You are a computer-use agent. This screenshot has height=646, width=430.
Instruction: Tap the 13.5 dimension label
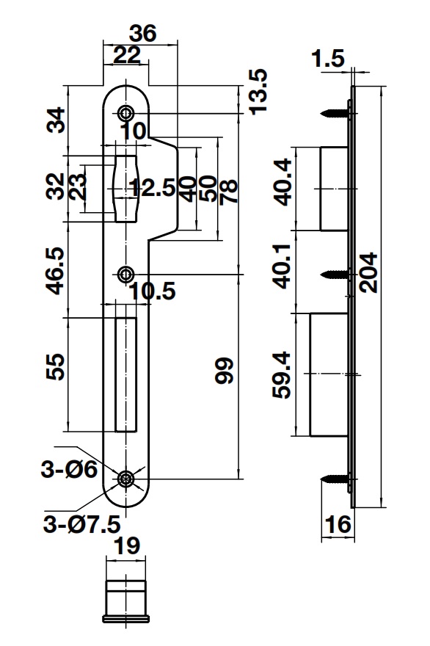click(x=258, y=91)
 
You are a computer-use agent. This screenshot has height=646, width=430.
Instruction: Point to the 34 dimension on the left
click(x=56, y=120)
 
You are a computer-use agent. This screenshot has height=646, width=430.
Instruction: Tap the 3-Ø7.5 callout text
click(x=72, y=525)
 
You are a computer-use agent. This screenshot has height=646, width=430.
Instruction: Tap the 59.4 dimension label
click(x=283, y=374)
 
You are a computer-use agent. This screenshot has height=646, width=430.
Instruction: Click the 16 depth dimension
click(x=338, y=525)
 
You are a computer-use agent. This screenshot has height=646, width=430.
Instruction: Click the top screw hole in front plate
click(x=126, y=114)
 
